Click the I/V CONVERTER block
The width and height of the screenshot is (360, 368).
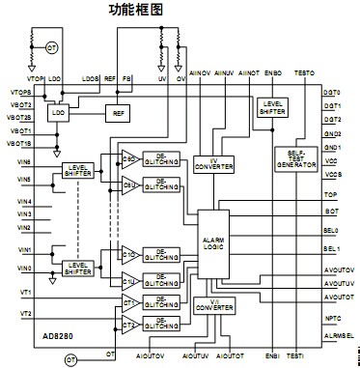pos(212,163)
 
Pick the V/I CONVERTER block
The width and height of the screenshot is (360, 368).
pos(212,305)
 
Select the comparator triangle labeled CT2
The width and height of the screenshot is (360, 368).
pos(127,323)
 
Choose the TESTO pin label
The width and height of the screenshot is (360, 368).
pos(302,73)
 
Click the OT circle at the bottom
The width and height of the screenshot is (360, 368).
pos(69,359)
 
